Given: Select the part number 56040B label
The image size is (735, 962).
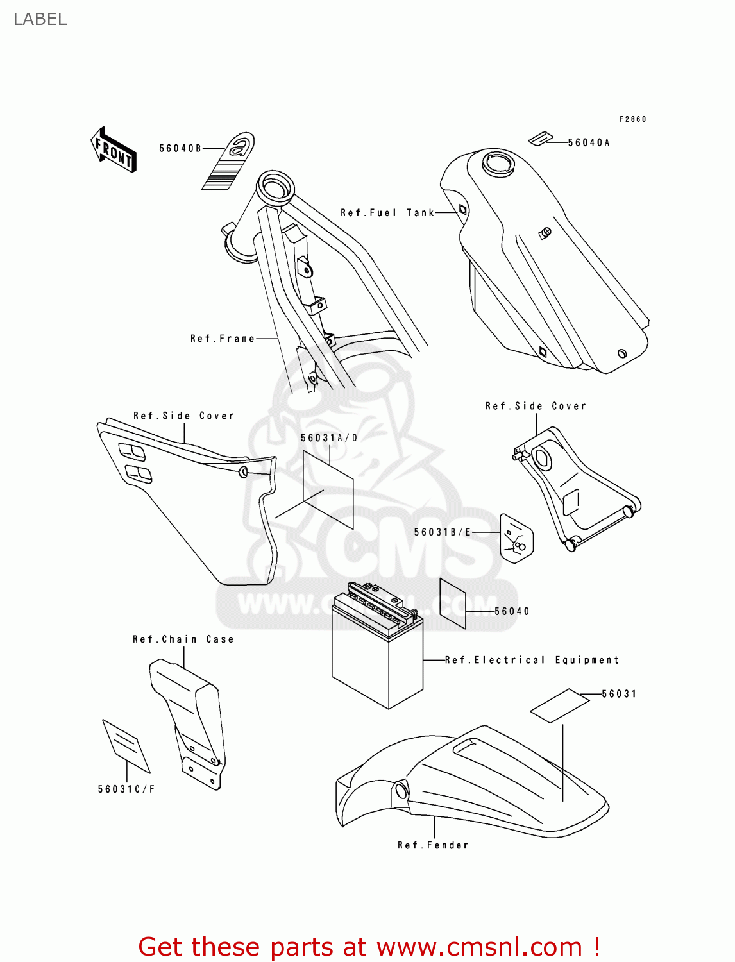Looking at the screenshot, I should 180,149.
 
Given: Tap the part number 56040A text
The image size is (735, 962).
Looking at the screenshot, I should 589,143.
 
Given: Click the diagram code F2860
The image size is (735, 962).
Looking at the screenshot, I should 632,119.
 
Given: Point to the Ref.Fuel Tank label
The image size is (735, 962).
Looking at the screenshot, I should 387,213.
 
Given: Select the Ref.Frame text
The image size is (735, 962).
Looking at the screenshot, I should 223,339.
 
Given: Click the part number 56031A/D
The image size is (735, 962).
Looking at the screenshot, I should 329,438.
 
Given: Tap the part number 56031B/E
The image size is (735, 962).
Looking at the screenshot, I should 443,532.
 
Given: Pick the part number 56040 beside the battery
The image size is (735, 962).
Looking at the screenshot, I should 512,611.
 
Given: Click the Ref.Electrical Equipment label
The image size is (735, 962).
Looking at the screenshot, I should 532,660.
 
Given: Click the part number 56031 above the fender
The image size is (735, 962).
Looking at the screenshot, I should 619,694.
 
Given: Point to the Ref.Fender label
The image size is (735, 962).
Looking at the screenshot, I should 433,845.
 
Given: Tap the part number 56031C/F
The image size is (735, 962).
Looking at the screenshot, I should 126,789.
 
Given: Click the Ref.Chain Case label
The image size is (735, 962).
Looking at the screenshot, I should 183,639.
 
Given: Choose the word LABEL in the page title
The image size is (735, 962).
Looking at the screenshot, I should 40,19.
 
